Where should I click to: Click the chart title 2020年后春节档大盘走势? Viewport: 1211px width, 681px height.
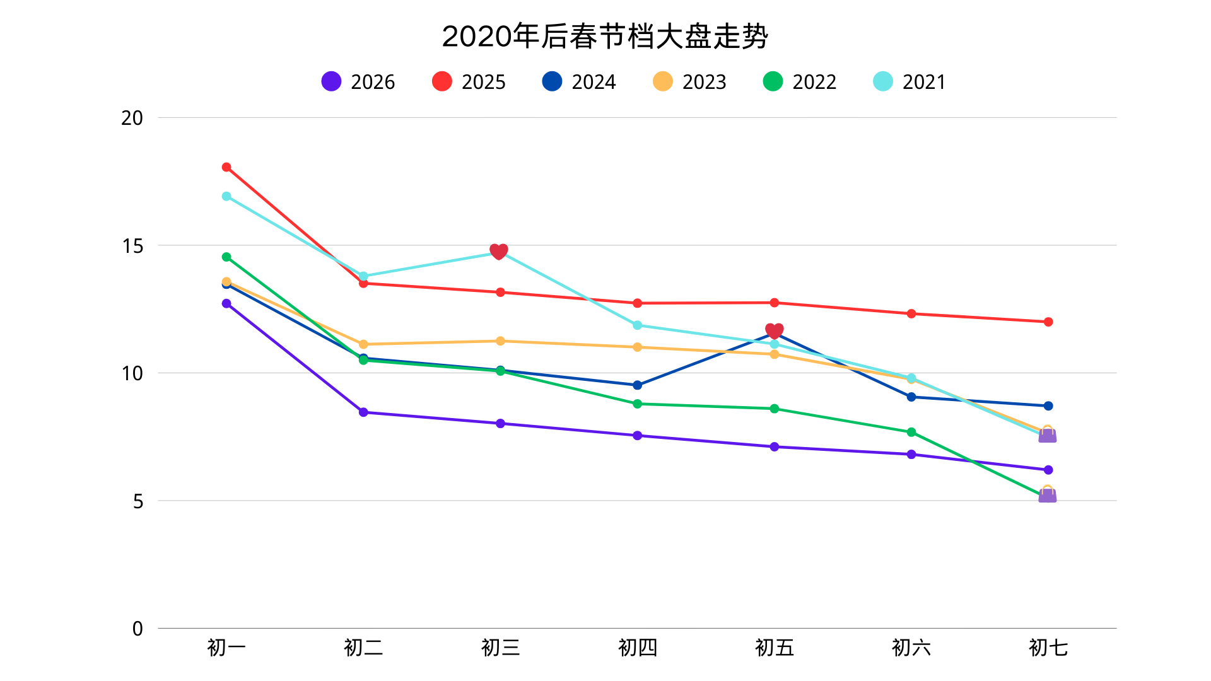pos(605,37)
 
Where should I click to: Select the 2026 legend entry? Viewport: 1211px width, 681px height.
pos(358,82)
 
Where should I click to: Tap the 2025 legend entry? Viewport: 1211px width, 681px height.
pos(469,82)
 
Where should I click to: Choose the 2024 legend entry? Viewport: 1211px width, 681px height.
pos(579,82)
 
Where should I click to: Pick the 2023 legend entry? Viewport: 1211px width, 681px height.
pos(689,82)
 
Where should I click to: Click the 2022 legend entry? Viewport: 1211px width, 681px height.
pos(800,82)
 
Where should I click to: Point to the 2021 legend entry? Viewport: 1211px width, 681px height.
pos(910,82)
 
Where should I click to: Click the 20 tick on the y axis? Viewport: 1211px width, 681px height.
pos(132,118)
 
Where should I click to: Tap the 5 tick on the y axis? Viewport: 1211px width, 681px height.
pos(137,501)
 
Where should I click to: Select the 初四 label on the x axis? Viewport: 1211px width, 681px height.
pos(637,648)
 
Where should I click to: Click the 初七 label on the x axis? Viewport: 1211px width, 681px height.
pos(1048,648)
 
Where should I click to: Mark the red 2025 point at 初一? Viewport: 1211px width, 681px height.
pos(226,167)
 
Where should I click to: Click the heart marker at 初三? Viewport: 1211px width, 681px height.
pos(499,252)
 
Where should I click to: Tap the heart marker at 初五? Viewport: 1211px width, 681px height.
pos(775,331)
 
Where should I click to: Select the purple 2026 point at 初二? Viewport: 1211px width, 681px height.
pos(363,412)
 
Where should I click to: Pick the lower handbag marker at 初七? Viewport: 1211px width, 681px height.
pos(1048,495)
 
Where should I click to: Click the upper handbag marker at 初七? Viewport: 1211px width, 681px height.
pos(1048,435)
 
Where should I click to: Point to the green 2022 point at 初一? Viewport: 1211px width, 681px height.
pos(226,257)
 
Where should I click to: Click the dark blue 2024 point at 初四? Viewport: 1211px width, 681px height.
pos(637,385)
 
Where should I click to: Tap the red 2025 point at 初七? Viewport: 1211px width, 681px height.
pos(1048,322)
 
